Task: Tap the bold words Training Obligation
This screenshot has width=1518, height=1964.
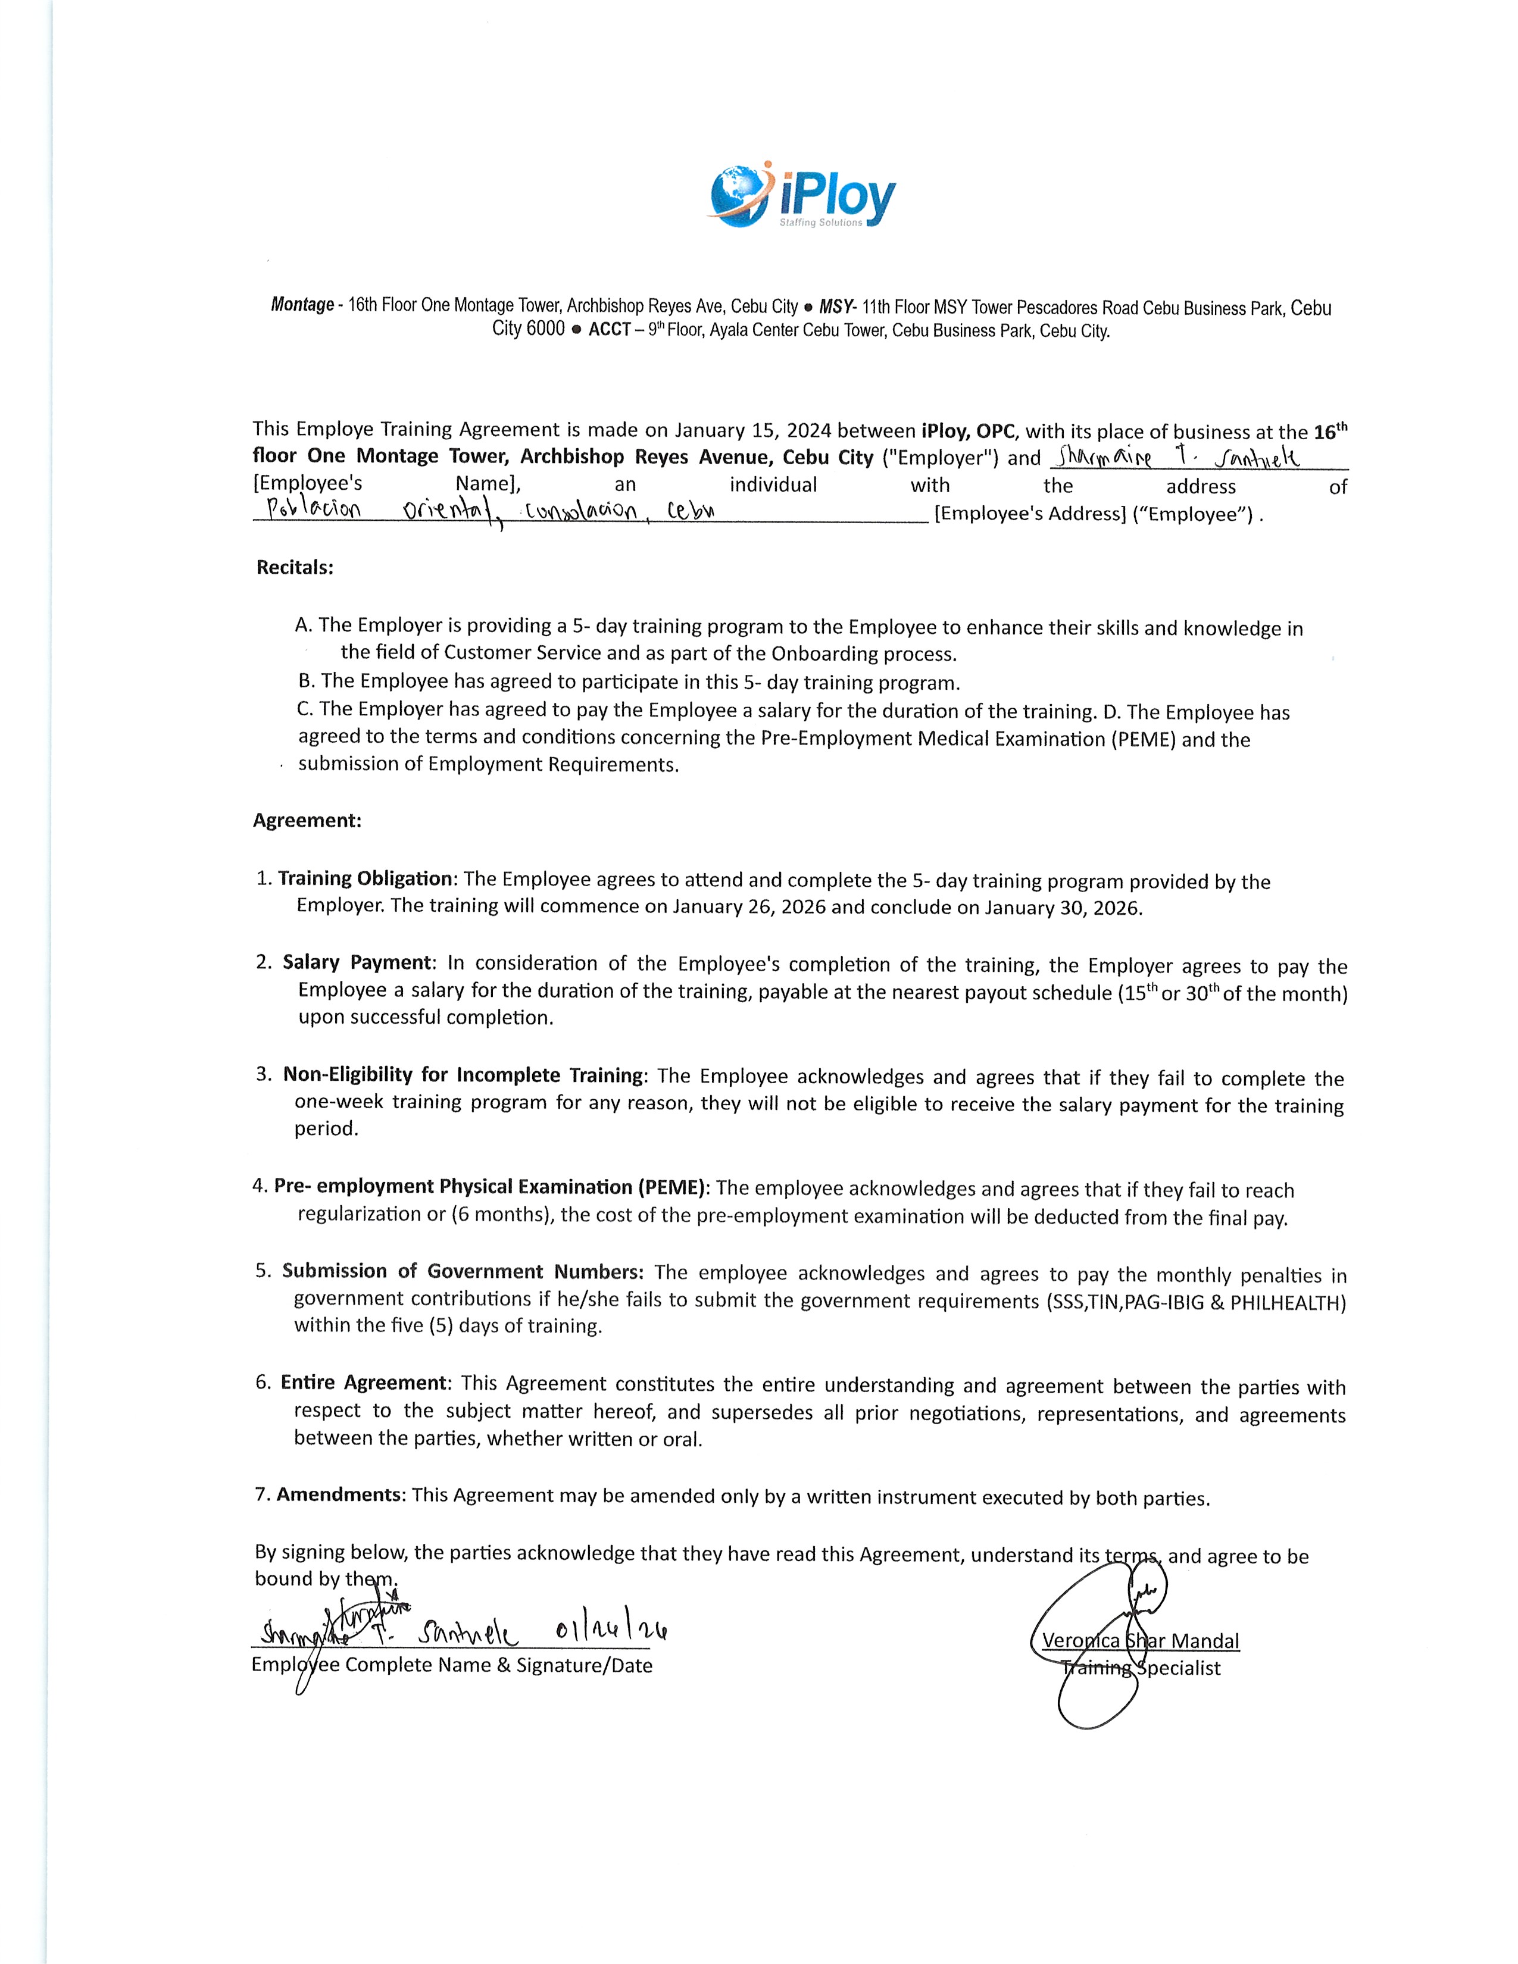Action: click(365, 878)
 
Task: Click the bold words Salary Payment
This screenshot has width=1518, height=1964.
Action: click(358, 962)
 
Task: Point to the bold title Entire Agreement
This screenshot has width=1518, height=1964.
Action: click(363, 1382)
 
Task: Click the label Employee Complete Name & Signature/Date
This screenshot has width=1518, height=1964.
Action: click(451, 1665)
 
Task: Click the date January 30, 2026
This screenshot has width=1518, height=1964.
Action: click(1063, 908)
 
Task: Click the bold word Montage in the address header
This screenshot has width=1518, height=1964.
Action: click(302, 305)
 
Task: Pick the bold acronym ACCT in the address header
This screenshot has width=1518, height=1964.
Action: click(609, 330)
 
